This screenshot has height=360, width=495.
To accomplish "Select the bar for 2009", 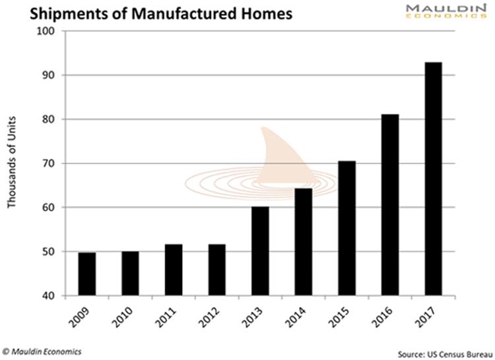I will pyautogui.click(x=86, y=274).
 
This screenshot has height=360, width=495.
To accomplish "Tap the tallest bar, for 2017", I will pyautogui.click(x=434, y=179).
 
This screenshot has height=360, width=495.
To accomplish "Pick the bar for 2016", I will pyautogui.click(x=390, y=205).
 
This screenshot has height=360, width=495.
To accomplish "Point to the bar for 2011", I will pyautogui.click(x=174, y=270).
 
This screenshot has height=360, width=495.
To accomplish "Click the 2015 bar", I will pyautogui.click(x=346, y=228).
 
